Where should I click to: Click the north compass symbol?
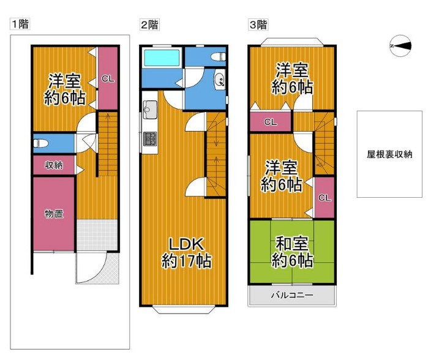(400, 45)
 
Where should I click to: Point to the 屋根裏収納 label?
(389, 154)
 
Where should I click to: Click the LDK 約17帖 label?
(186, 252)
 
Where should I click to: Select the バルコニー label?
(292, 296)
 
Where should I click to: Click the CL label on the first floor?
(107, 78)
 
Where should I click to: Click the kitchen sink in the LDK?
(150, 111)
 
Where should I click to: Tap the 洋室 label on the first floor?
(64, 89)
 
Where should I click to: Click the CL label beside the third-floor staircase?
(270, 122)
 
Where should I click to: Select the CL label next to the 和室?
(324, 197)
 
